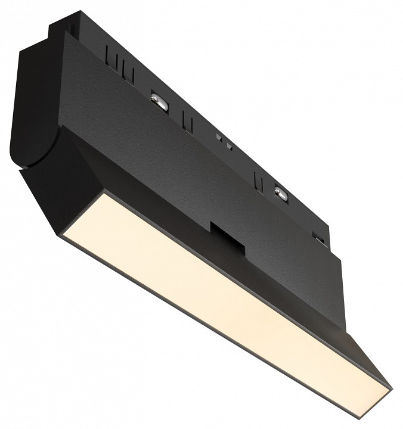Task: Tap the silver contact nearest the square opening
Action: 280,193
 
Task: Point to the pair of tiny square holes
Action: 224,141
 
